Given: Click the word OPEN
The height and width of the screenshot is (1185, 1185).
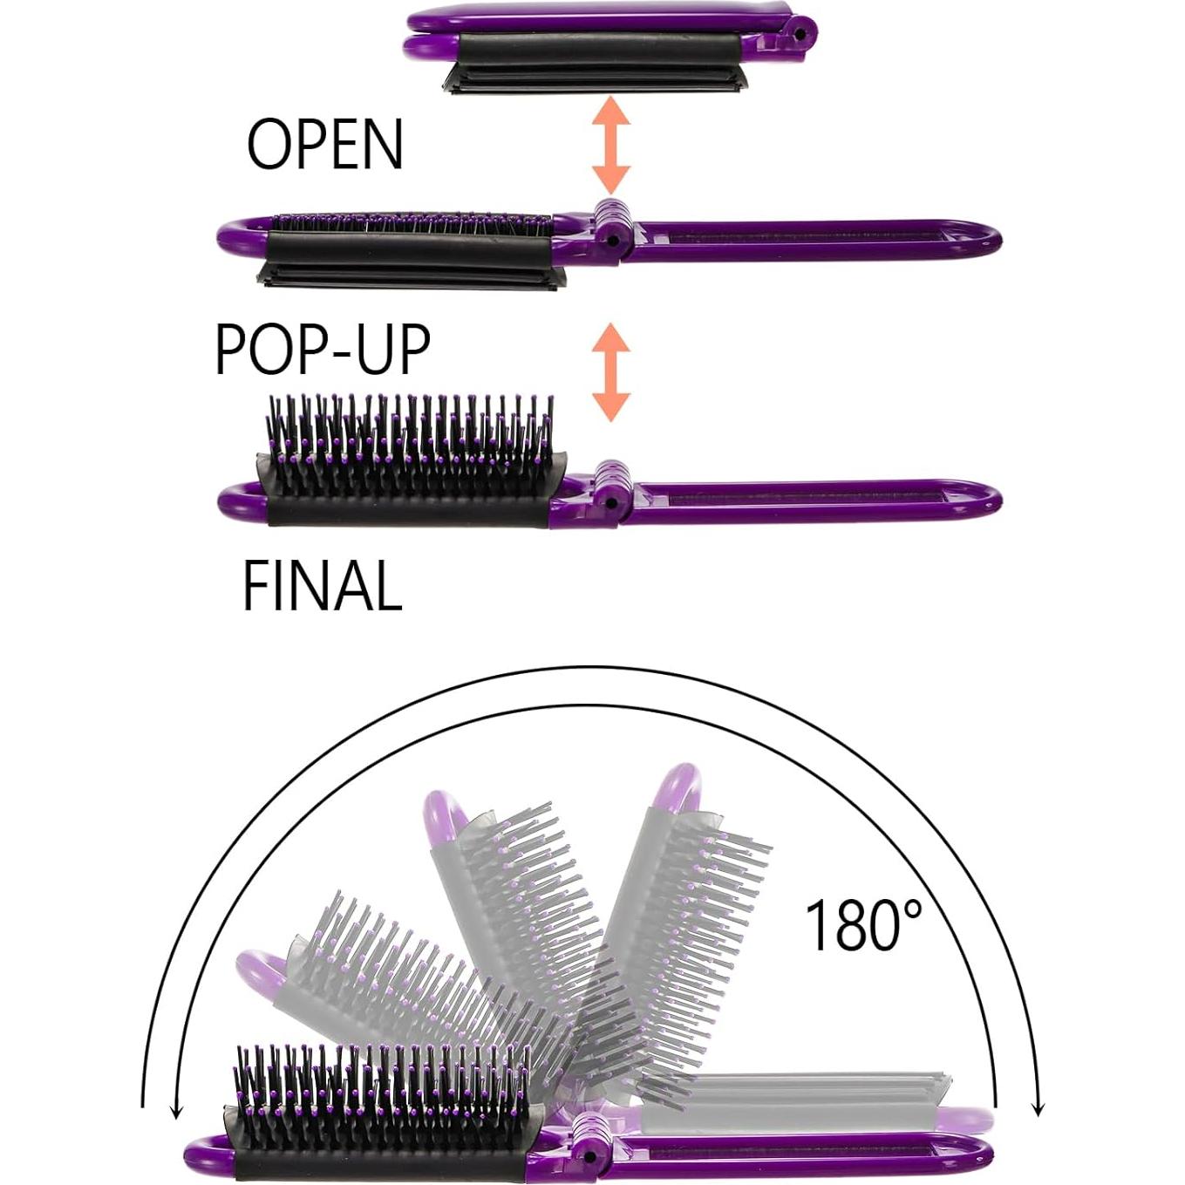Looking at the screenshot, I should [x=324, y=145].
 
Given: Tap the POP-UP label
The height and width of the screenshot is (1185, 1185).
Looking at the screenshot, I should [x=322, y=350].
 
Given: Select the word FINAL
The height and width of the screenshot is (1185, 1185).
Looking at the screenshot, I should [x=322, y=587].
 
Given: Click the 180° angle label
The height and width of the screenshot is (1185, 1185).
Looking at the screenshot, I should [x=862, y=925].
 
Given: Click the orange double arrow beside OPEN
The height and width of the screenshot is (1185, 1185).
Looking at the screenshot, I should [x=610, y=146].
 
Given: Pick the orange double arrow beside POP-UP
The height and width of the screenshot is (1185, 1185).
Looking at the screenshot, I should [x=610, y=372].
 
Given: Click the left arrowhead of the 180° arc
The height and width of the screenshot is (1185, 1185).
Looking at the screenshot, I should [x=177, y=1107].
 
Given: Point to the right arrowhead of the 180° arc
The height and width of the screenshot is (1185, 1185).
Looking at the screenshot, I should [x=1037, y=1107].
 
